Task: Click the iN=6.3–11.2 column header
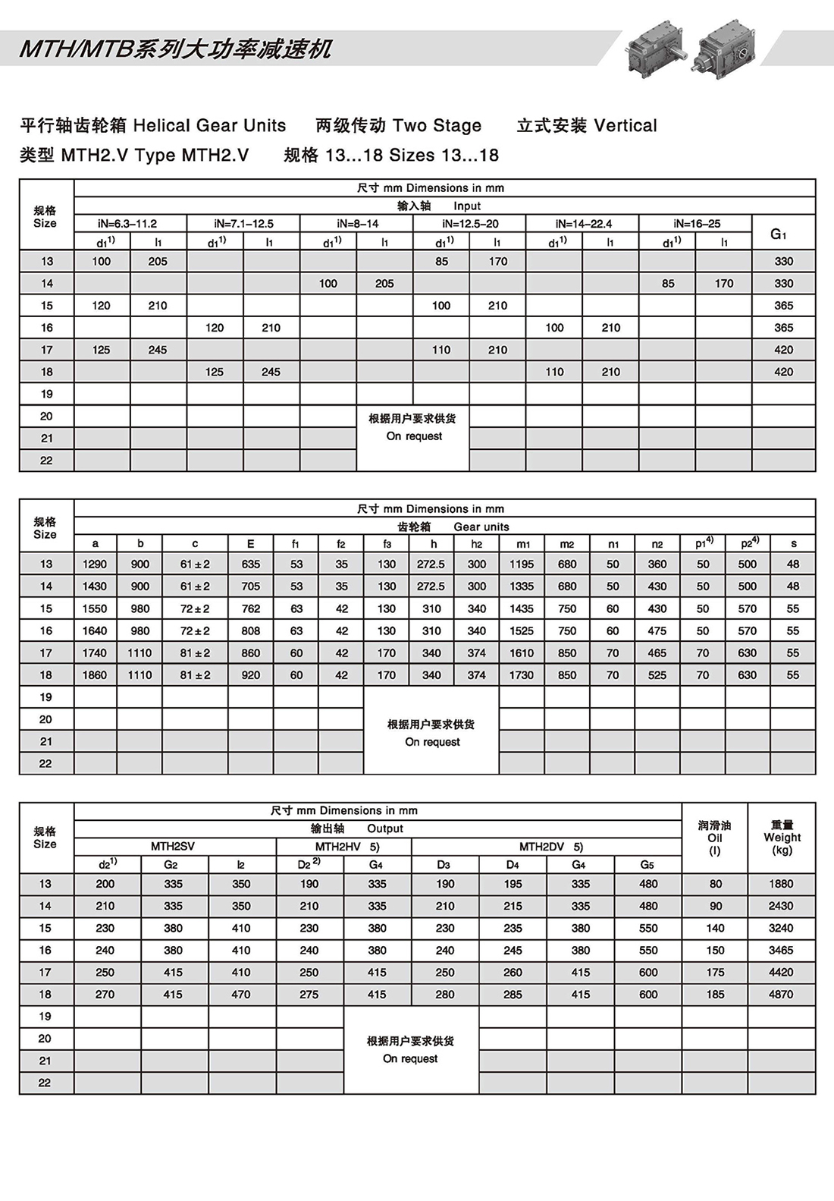click(127, 224)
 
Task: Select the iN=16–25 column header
click(697, 224)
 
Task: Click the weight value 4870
click(781, 995)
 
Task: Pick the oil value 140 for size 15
click(715, 928)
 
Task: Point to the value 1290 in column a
click(95, 564)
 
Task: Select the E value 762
click(250, 608)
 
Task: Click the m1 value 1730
click(521, 675)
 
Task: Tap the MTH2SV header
click(173, 847)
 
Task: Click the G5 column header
click(647, 865)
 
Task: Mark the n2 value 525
click(657, 675)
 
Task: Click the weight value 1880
click(781, 884)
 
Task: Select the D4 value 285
click(513, 995)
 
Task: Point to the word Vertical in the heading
click(625, 126)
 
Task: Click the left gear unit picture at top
click(657, 49)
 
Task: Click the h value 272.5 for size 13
click(431, 564)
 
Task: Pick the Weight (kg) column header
click(782, 838)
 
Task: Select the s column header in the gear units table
click(793, 544)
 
